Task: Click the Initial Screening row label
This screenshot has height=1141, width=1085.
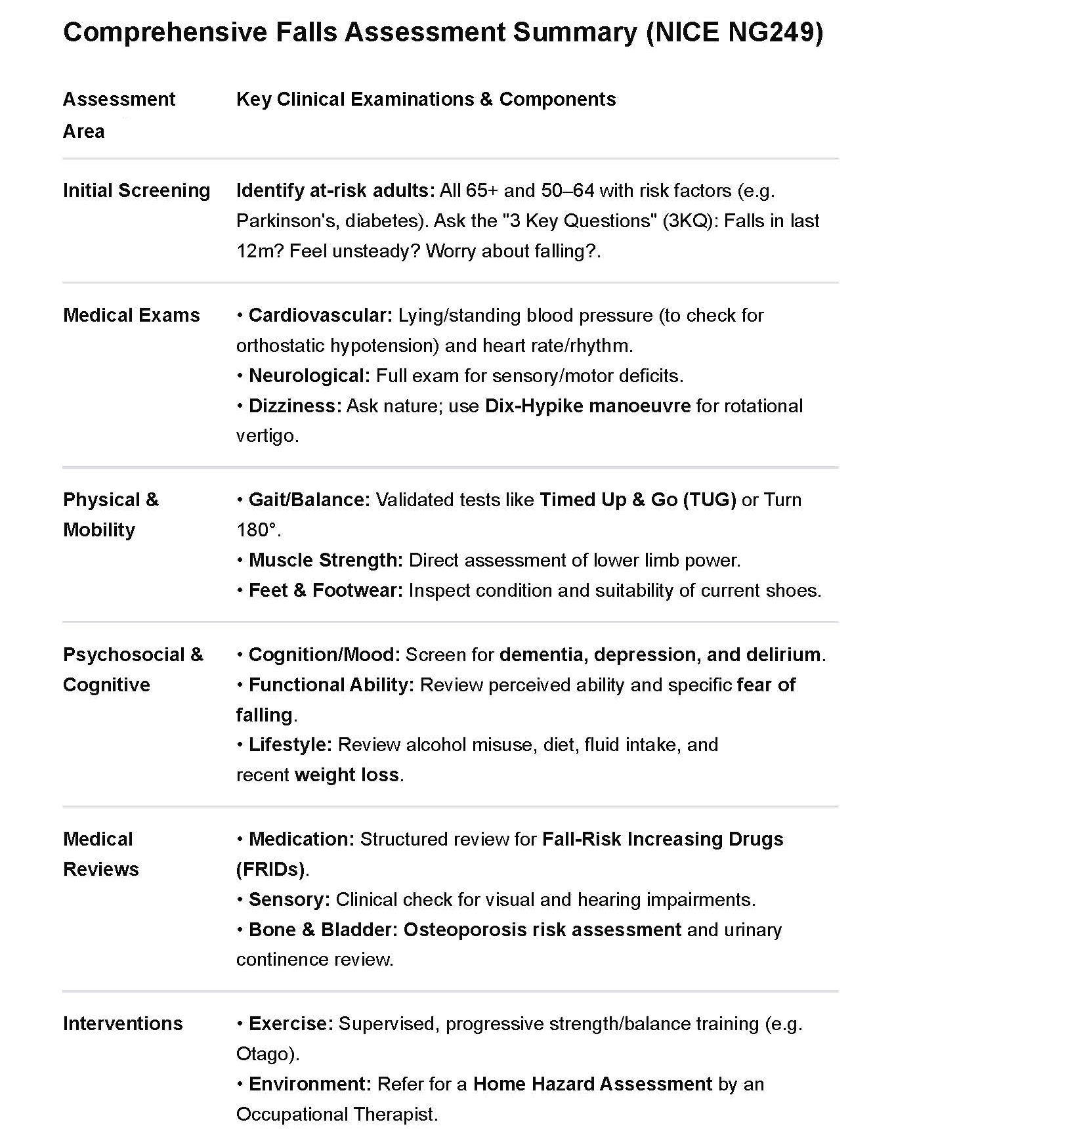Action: [137, 190]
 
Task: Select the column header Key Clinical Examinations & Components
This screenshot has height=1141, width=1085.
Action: [425, 99]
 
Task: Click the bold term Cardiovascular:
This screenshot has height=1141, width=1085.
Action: [320, 315]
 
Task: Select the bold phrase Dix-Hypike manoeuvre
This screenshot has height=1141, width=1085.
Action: [587, 406]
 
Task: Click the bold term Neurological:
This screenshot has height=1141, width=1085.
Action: [309, 376]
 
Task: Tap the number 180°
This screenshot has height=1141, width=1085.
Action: [257, 530]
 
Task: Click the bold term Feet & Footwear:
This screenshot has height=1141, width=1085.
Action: [325, 590]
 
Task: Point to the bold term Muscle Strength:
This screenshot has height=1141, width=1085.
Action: [326, 560]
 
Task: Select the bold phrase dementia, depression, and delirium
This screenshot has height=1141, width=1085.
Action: [660, 655]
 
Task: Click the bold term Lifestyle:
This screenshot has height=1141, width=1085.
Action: [290, 744]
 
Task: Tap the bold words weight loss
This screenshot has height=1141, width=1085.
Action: [347, 775]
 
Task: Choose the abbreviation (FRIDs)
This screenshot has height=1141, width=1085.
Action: [270, 869]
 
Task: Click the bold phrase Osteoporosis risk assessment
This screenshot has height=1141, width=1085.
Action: [542, 930]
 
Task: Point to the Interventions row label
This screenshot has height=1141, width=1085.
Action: [123, 1023]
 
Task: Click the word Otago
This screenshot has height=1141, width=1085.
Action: [265, 1054]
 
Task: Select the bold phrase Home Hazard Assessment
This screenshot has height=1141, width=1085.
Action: [592, 1084]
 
